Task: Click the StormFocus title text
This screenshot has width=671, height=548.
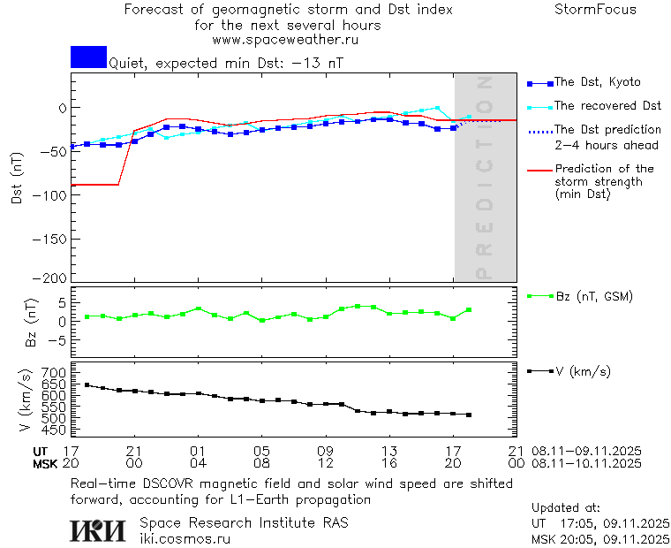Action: pyautogui.click(x=595, y=11)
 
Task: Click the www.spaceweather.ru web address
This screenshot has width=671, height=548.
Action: pyautogui.click(x=285, y=40)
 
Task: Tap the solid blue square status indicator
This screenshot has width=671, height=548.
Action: pyautogui.click(x=88, y=57)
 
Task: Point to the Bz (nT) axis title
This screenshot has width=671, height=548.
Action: pyautogui.click(x=32, y=322)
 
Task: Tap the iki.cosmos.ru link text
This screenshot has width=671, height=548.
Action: pyautogui.click(x=185, y=538)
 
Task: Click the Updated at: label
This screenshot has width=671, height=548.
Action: pyautogui.click(x=565, y=508)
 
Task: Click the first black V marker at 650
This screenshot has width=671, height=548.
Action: pyautogui.click(x=87, y=384)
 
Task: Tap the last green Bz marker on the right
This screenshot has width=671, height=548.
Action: pyautogui.click(x=469, y=310)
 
